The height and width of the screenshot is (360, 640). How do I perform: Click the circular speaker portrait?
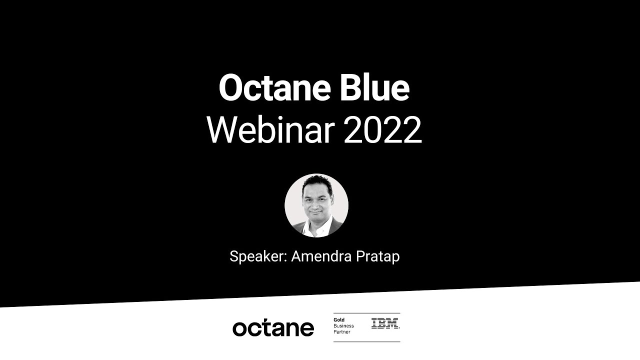point(316,205)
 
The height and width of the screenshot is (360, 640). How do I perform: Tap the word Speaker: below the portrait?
point(257,256)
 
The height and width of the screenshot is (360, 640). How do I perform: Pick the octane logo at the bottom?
point(273,328)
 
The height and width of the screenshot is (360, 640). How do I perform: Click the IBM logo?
point(385,323)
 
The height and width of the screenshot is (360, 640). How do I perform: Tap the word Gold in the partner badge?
point(339,320)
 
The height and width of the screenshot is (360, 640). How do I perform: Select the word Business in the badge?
point(343,326)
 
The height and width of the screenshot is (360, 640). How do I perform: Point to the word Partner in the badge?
point(342,332)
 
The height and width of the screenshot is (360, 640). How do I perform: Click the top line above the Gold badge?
point(366,313)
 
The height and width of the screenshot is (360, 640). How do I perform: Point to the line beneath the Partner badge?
point(366,342)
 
